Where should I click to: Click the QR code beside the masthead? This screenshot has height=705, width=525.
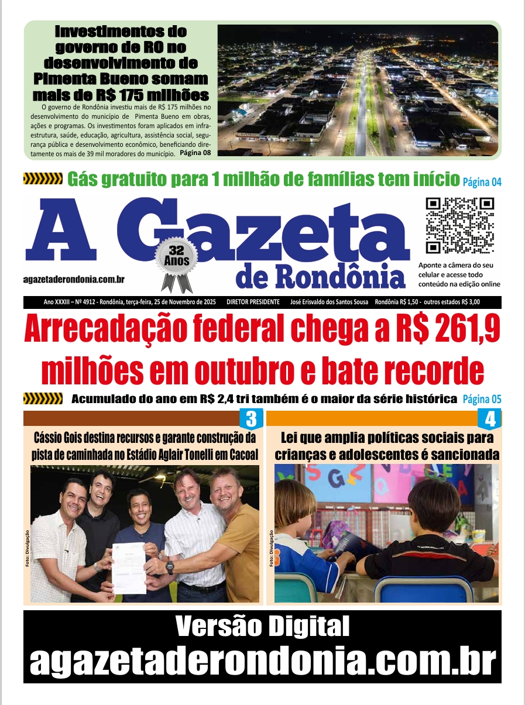459,225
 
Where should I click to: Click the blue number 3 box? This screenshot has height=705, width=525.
250,419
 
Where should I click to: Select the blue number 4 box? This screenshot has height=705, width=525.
489,419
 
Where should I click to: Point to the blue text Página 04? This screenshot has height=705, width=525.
482,182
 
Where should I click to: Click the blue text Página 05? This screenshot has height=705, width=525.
482,400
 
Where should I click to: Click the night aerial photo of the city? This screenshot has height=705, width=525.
357,90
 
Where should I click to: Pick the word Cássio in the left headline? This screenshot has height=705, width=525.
49,438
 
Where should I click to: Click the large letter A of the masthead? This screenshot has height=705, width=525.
61,232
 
